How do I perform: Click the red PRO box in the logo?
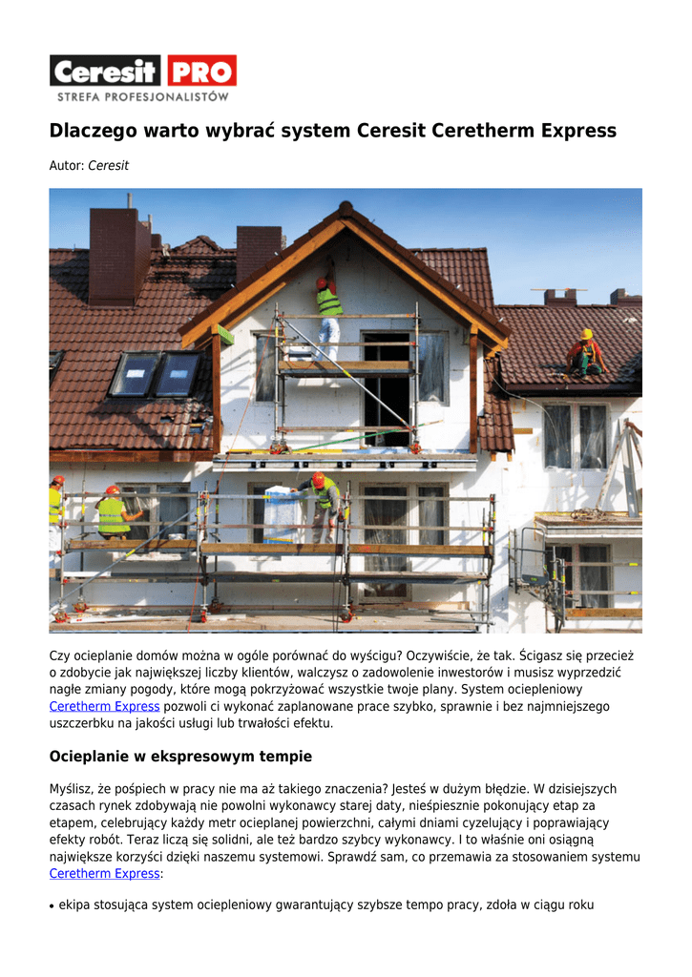pyautogui.click(x=201, y=71)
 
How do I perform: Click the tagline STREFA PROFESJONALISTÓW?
pyautogui.click(x=143, y=96)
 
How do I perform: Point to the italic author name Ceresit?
pyautogui.click(x=108, y=166)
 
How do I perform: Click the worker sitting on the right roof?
pyautogui.click(x=585, y=353)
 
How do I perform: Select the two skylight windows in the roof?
pyautogui.click(x=155, y=374)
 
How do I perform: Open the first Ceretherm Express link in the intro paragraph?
pyautogui.click(x=104, y=706)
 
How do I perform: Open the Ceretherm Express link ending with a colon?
pyautogui.click(x=104, y=873)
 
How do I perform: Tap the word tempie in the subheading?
pyautogui.click(x=286, y=757)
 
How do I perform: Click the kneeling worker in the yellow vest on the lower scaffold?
pyautogui.click(x=115, y=515)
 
